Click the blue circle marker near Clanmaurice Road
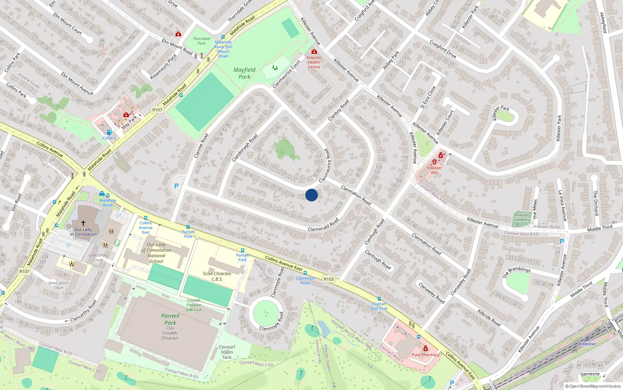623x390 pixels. pyautogui.click(x=311, y=195)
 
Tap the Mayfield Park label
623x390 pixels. pyautogui.click(x=244, y=73)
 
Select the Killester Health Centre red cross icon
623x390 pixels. pyautogui.click(x=314, y=51)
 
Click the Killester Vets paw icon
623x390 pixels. pyautogui.click(x=435, y=162)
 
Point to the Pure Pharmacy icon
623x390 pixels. pyautogui.click(x=426, y=348)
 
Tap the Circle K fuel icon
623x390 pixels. pyautogui.click(x=109, y=132)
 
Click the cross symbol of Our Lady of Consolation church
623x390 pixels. pyautogui.click(x=83, y=223)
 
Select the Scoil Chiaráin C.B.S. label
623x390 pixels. pyautogui.click(x=217, y=276)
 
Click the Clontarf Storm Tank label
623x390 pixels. pyautogui.click(x=227, y=352)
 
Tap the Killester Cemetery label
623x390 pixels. pyautogui.click(x=522, y=217)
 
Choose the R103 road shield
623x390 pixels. pyautogui.click(x=329, y=279)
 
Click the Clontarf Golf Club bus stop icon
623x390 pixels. pyautogui.click(x=379, y=299)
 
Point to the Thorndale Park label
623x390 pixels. pyautogui.click(x=201, y=41)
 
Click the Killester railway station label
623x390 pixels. pyautogui.click(x=587, y=344)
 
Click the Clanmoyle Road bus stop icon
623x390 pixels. pyautogui.click(x=305, y=273)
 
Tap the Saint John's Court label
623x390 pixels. pyautogui.click(x=58, y=285)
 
